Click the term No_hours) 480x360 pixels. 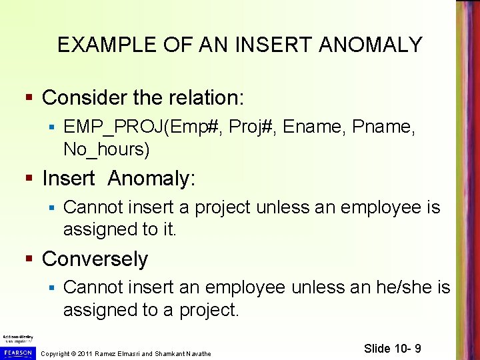[x=106, y=149]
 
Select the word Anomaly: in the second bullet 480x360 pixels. [x=151, y=179]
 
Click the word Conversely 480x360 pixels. [x=95, y=259]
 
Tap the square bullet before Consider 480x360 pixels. [x=28, y=99]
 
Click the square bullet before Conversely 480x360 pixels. [x=28, y=259]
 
